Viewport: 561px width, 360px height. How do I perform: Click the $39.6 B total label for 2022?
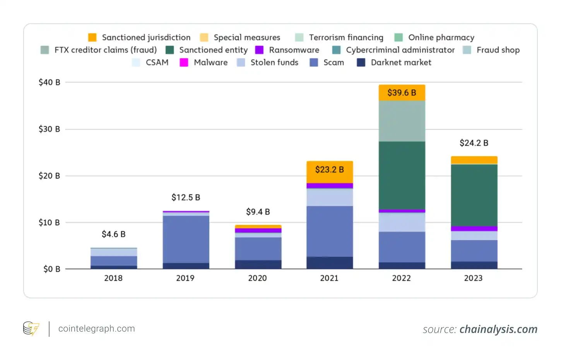coord(402,93)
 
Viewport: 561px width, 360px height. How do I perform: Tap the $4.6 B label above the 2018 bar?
coord(113,234)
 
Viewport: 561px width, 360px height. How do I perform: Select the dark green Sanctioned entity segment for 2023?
coord(474,195)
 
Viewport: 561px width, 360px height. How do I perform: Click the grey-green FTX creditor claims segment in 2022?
coord(402,121)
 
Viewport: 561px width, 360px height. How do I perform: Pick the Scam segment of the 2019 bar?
coord(186,239)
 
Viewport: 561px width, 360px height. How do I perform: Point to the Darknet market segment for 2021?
coord(330,263)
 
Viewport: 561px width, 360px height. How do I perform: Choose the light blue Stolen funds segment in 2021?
coord(330,197)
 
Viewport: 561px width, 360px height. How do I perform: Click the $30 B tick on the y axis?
coord(49,129)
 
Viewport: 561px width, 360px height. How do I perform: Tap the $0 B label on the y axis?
coord(51,269)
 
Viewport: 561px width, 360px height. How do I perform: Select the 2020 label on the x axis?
coord(257,278)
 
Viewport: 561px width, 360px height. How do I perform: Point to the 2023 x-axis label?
coord(473,278)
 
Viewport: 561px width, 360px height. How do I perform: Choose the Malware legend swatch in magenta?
coord(184,63)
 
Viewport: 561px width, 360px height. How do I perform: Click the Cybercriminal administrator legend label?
coord(400,50)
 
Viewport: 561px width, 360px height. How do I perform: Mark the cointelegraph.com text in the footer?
coord(96,329)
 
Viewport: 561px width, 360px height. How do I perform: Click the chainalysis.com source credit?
coord(498,329)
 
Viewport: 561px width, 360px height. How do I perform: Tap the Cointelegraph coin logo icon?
coord(31,329)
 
